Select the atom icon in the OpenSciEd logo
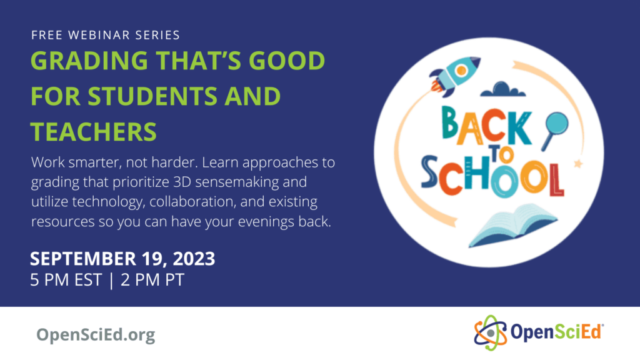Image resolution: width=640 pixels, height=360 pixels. point(489,331)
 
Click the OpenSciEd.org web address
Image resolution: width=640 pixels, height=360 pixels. point(95,335)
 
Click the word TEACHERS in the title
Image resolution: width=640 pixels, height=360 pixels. point(94,131)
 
